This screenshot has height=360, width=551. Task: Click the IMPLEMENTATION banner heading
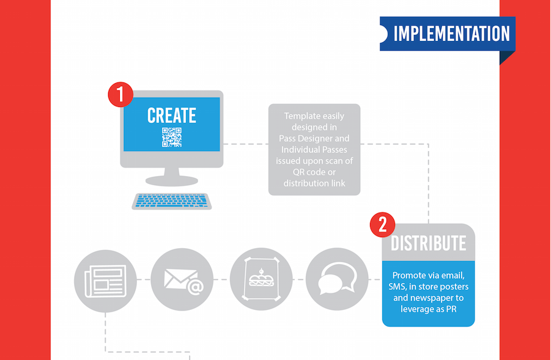click(451, 34)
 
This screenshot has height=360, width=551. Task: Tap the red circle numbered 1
click(120, 95)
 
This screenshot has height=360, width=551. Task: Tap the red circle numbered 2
click(383, 224)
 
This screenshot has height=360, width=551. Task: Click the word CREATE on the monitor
click(171, 116)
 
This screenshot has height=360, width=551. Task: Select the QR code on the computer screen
click(172, 138)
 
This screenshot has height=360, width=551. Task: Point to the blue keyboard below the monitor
click(172, 201)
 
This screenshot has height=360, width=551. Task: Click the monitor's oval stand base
click(172, 181)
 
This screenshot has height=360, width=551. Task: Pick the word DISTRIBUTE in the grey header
click(428, 243)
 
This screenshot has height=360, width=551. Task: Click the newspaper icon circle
click(105, 281)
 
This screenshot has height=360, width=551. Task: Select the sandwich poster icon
click(261, 279)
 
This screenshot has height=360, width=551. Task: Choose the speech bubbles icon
click(337, 279)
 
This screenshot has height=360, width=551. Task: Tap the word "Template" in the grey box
click(301, 116)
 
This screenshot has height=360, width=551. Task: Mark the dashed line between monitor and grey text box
click(246, 144)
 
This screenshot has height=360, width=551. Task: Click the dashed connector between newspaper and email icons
click(144, 280)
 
